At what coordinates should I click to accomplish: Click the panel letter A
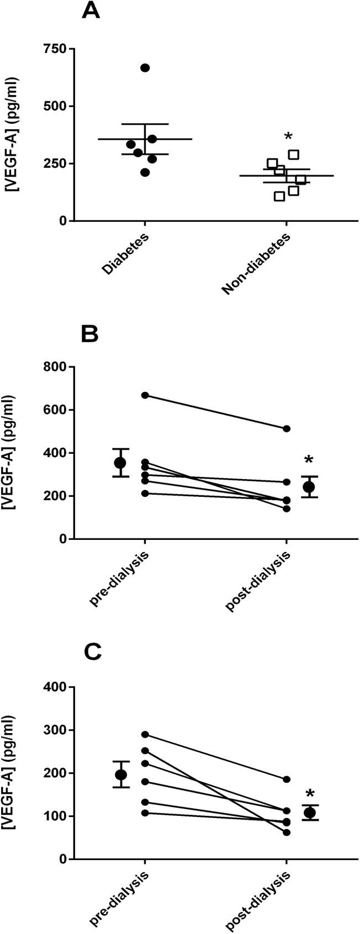point(91,12)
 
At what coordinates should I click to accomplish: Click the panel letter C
point(92,652)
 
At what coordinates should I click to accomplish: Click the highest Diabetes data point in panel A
point(145,68)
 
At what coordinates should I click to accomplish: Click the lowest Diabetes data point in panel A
point(145,172)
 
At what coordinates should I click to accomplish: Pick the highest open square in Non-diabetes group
point(294,155)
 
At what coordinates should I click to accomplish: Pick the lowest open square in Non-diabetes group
point(279,196)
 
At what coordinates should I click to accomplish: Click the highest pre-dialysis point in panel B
point(145,395)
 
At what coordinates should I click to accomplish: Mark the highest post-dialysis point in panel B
point(287,428)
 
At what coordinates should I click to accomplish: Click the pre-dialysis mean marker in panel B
point(120,462)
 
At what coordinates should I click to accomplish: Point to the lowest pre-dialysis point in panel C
point(145,813)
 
